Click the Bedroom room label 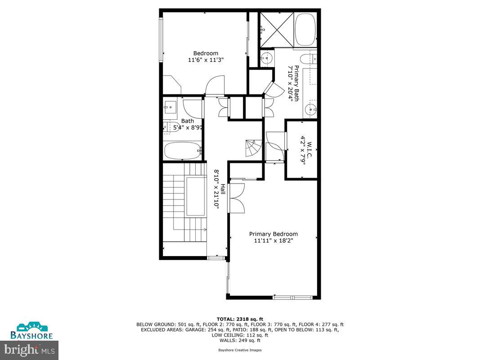click(206, 53)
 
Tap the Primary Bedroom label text click(274, 234)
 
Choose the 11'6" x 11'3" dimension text click(206, 59)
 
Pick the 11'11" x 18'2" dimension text click(274, 241)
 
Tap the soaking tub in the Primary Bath click(305, 30)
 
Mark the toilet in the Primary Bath click(310, 59)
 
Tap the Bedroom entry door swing click(214, 85)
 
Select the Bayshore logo click(35, 330)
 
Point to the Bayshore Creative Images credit click(240, 350)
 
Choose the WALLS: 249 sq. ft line click(240, 340)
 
